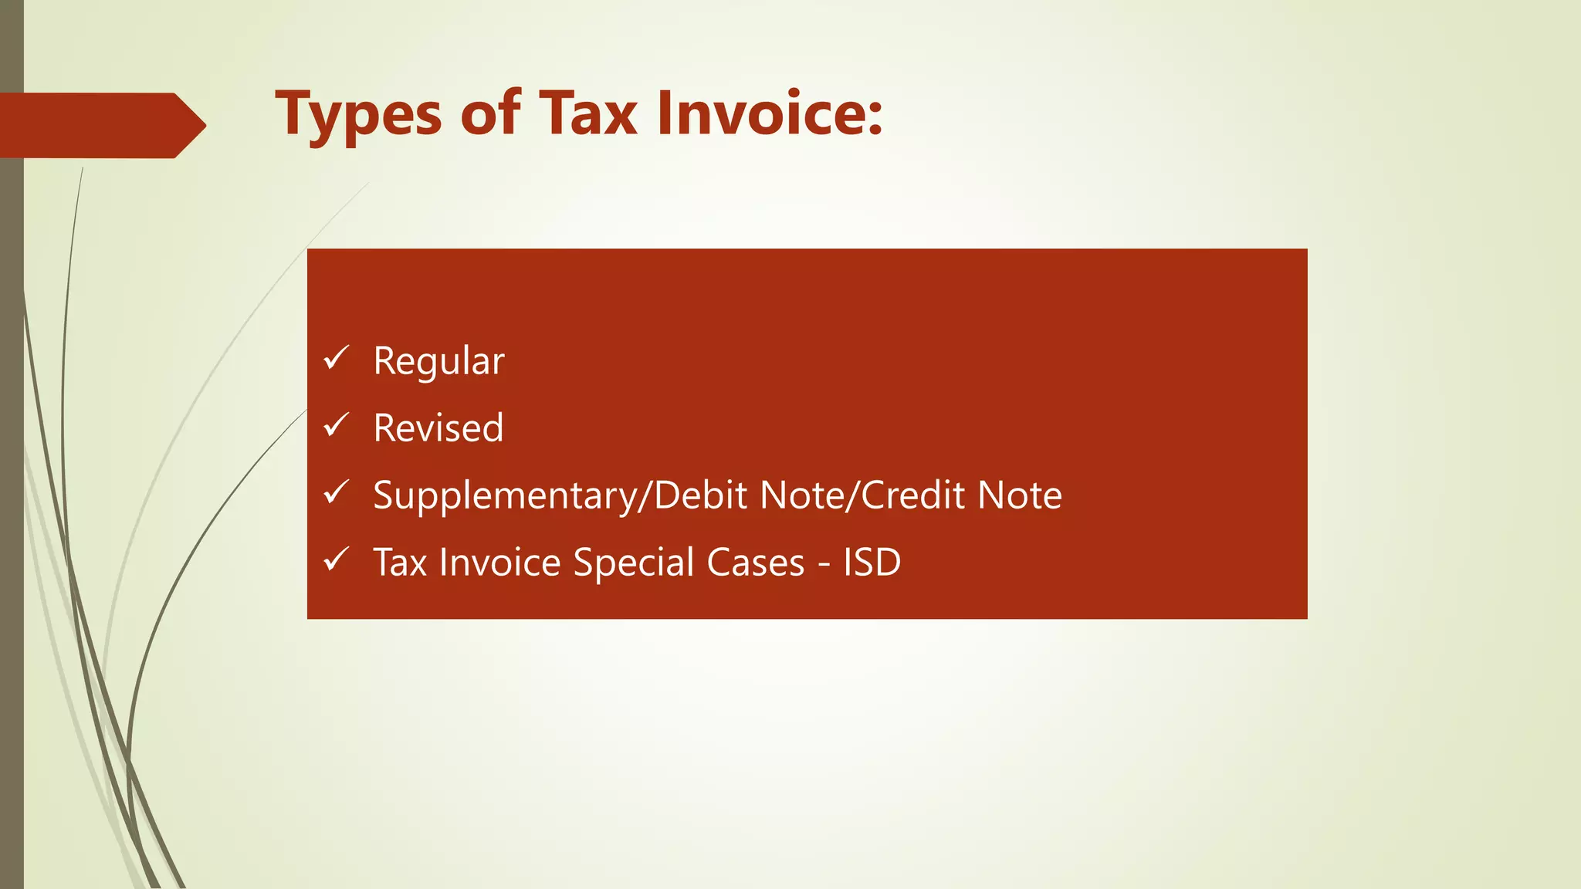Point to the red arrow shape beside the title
pyautogui.click(x=100, y=125)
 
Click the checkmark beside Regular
pyautogui.click(x=337, y=358)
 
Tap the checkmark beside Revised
pyautogui.click(x=337, y=425)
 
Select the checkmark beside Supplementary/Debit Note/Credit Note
pyautogui.click(x=337, y=492)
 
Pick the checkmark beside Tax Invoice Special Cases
pyautogui.click(x=337, y=559)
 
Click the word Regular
pyautogui.click(x=438, y=361)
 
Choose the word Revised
pyautogui.click(x=438, y=428)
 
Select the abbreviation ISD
pyautogui.click(x=872, y=562)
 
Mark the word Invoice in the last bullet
pyautogui.click(x=499, y=562)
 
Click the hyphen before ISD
pyautogui.click(x=824, y=565)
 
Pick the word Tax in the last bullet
pyautogui.click(x=400, y=562)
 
